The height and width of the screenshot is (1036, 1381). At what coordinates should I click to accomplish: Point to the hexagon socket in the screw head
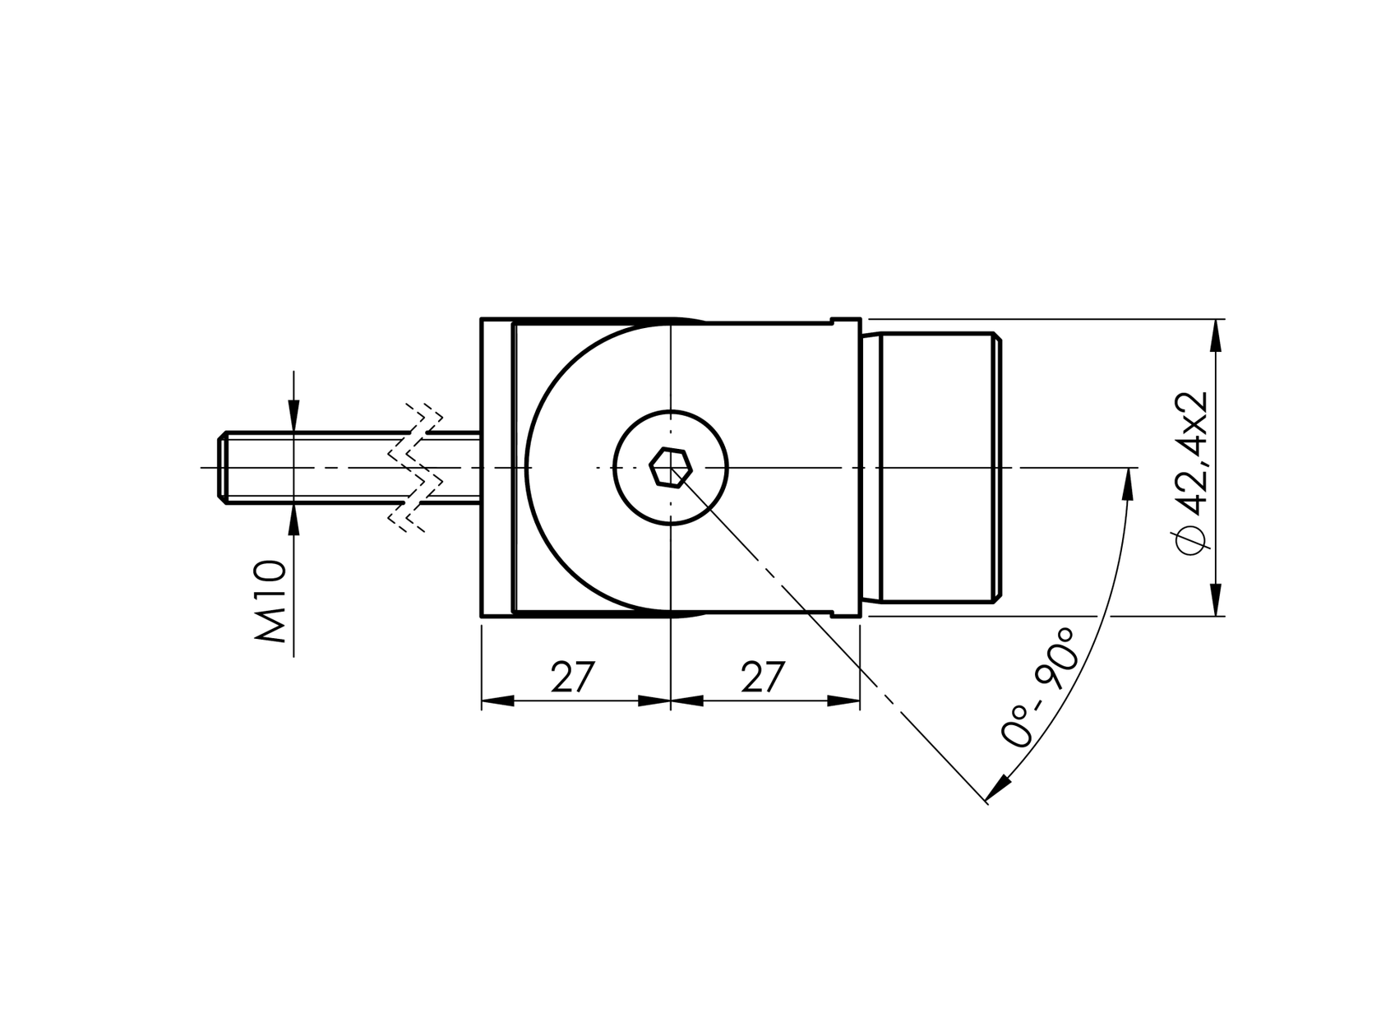671,468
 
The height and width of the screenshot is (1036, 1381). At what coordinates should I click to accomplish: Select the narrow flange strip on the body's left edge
497,468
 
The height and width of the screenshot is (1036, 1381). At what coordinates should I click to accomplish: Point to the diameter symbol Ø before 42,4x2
1191,540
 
